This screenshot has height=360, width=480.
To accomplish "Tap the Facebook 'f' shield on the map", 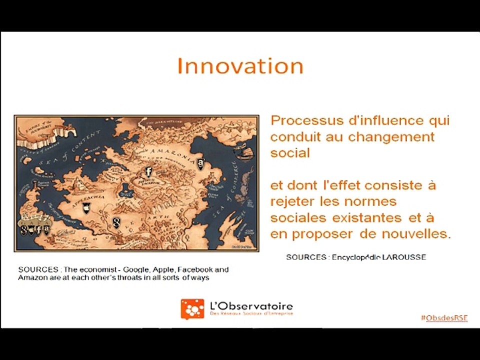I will (x=148, y=171).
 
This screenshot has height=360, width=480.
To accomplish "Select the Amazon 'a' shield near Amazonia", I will (x=200, y=162).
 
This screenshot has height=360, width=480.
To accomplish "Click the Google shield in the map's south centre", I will (x=116, y=221).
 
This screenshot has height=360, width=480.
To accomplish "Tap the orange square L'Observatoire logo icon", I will (x=192, y=309).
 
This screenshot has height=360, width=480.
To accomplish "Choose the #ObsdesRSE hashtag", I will (x=444, y=318).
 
